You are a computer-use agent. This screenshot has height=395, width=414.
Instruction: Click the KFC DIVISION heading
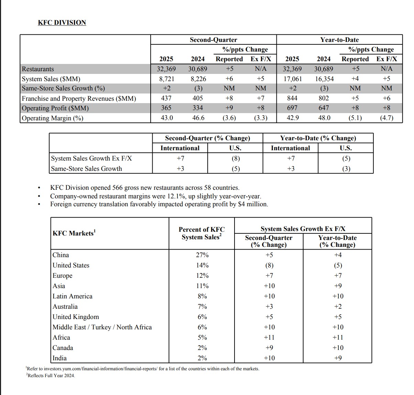click(x=62, y=23)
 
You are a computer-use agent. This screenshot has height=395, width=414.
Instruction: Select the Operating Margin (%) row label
click(x=52, y=118)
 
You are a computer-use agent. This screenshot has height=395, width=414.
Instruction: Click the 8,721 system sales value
click(x=166, y=79)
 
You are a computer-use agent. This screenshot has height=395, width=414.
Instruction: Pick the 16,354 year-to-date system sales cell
click(x=324, y=79)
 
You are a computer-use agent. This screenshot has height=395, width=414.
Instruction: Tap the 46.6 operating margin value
click(x=198, y=118)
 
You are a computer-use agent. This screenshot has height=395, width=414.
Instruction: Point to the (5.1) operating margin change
click(x=355, y=118)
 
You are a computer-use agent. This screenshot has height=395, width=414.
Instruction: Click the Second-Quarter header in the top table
click(x=213, y=40)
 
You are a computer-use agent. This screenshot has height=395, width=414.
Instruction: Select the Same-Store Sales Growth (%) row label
click(x=63, y=88)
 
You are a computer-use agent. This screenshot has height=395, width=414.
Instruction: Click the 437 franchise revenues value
click(x=166, y=98)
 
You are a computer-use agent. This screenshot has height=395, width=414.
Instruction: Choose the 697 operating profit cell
click(x=292, y=108)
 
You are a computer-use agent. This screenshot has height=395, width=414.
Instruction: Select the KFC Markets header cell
click(x=74, y=233)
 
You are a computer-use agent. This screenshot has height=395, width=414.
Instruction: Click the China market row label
click(x=61, y=255)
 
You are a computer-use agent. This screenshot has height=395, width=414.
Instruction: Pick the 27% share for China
click(x=202, y=255)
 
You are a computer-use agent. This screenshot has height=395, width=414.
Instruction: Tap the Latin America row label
click(x=73, y=296)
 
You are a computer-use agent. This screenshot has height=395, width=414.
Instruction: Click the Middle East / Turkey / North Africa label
click(x=102, y=327)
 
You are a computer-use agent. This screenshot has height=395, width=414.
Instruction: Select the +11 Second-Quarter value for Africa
click(x=269, y=338)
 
